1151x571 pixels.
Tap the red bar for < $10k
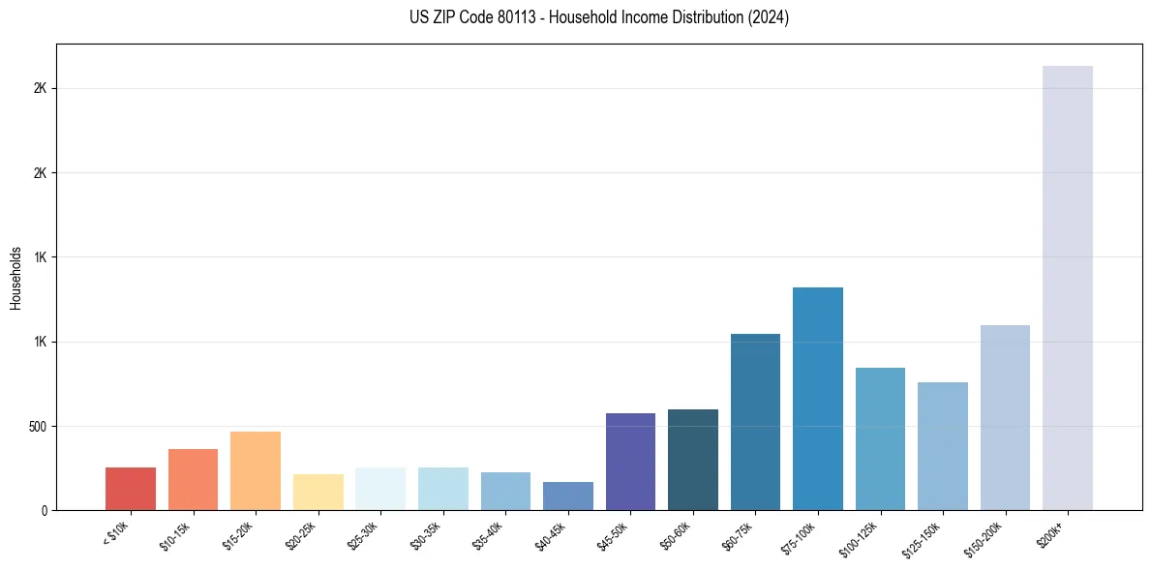point(131,489)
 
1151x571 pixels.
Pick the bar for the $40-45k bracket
point(567,496)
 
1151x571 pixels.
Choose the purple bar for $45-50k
point(630,462)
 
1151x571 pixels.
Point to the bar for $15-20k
point(256,470)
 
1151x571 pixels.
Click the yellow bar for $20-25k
point(318,492)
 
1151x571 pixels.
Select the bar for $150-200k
point(1005,417)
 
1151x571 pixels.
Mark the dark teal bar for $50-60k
point(692,460)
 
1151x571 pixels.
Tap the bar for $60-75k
point(755,422)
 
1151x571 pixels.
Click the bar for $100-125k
point(880,438)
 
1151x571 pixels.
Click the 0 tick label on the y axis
point(44,511)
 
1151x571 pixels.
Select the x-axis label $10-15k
point(175,534)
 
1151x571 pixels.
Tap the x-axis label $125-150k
point(923,536)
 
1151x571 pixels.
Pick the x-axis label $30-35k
point(425,534)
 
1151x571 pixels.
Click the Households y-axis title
point(15,278)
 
